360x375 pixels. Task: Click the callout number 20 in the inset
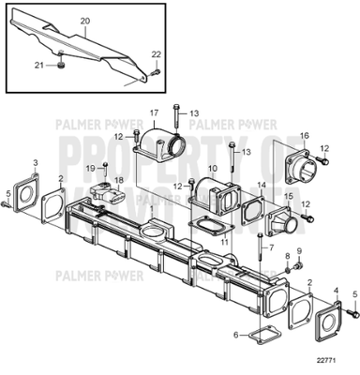[x=85, y=20]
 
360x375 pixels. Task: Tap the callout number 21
[x=39, y=66]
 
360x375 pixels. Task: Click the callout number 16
[x=303, y=135]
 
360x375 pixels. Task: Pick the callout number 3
[x=36, y=163]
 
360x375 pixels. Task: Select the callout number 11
[x=223, y=241]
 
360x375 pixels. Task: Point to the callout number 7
[x=271, y=247]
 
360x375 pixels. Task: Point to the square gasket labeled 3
[x=29, y=194]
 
